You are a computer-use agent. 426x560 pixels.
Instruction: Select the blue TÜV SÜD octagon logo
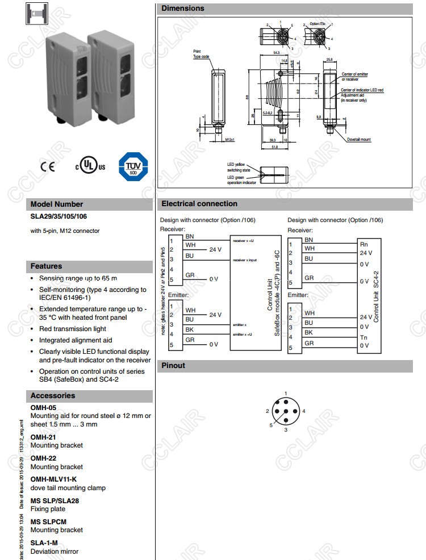[132, 166]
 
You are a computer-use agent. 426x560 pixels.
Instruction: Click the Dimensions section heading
[183, 9]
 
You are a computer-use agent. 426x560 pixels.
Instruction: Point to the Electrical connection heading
[199, 204]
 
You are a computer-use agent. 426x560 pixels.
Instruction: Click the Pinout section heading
[173, 366]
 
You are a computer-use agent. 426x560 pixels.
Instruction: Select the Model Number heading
[57, 204]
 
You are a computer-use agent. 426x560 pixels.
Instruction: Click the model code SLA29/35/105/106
[59, 216]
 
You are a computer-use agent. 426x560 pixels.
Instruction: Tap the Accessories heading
[53, 396]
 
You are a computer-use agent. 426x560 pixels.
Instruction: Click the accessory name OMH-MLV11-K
[53, 479]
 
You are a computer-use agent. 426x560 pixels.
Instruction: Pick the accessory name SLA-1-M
[44, 543]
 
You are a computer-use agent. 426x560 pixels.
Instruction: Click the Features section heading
[47, 266]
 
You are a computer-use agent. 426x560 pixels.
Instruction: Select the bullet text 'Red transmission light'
[73, 329]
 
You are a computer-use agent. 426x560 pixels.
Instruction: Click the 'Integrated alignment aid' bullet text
[76, 340]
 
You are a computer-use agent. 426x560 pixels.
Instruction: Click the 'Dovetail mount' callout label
[359, 140]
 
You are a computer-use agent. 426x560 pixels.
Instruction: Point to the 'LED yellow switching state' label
[239, 167]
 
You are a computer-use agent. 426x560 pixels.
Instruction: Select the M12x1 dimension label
[230, 139]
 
